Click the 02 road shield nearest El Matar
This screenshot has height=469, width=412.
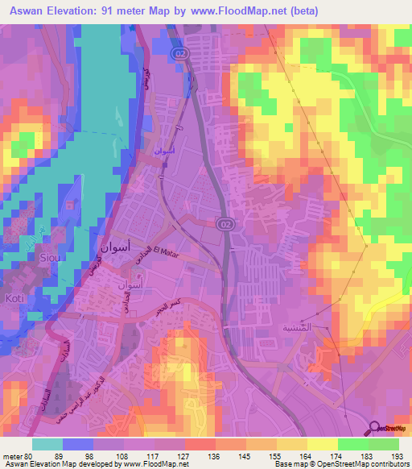(x=226, y=223)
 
